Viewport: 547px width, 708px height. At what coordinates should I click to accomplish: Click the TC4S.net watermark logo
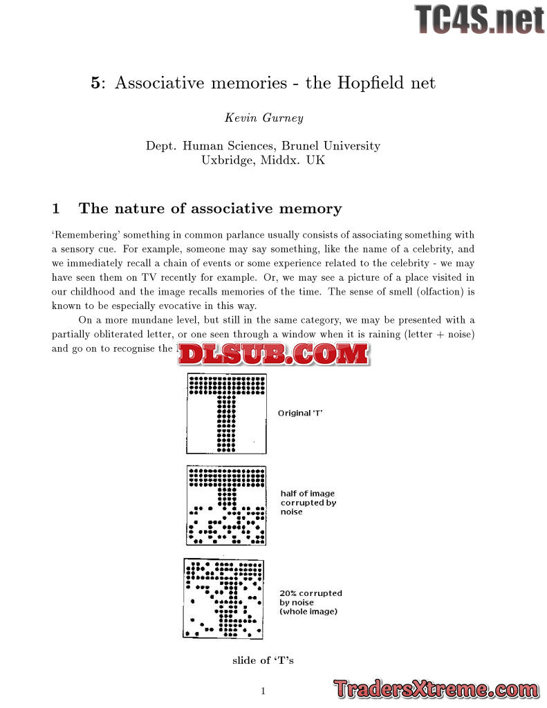[x=479, y=19]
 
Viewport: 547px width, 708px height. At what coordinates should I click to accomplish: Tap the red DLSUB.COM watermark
[x=273, y=355]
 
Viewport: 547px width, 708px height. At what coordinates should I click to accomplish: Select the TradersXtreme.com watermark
[x=436, y=689]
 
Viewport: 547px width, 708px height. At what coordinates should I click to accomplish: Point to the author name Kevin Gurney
[x=263, y=118]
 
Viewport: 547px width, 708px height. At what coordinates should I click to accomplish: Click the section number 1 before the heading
[x=57, y=209]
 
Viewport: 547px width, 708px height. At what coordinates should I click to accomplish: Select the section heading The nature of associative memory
[x=210, y=209]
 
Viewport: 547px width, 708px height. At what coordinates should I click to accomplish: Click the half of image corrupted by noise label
[x=308, y=503]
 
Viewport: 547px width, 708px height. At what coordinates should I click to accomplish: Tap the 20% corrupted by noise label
[x=310, y=602]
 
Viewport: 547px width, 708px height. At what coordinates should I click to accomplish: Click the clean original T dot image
[x=226, y=413]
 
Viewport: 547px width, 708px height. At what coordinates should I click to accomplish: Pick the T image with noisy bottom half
[x=227, y=505]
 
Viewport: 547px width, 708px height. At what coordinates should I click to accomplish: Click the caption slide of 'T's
[x=263, y=660]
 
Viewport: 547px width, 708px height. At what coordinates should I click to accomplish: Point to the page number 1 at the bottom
[x=263, y=691]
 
